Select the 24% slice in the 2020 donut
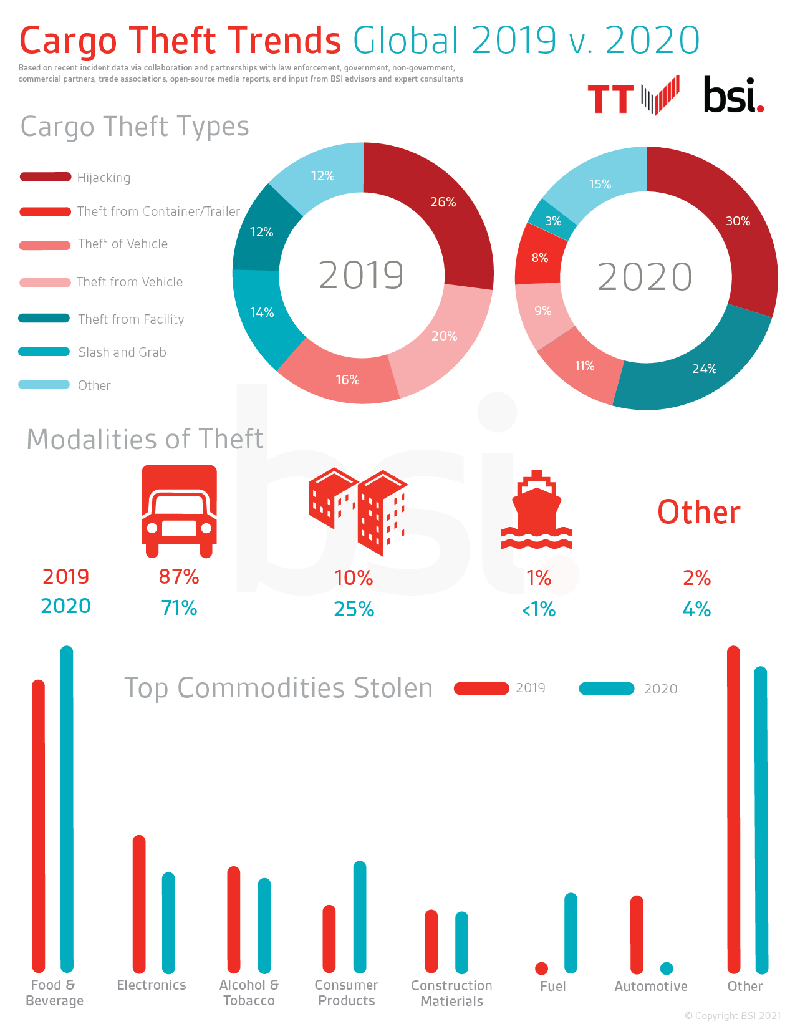pyautogui.click(x=692, y=368)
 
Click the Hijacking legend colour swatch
pyautogui.click(x=45, y=177)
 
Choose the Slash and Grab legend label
pyautogui.click(x=122, y=352)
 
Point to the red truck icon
pyautogui.click(x=180, y=511)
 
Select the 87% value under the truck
pyautogui.click(x=179, y=577)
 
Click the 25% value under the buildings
pyautogui.click(x=354, y=609)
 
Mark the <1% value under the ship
pyautogui.click(x=538, y=609)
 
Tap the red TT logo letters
pyautogui.click(x=610, y=100)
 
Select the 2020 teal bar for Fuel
pyautogui.click(x=571, y=933)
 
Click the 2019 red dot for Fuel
pyautogui.click(x=541, y=968)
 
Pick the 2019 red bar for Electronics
pyautogui.click(x=139, y=904)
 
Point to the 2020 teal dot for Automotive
pyautogui.click(x=667, y=968)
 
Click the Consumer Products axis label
pyautogui.click(x=346, y=993)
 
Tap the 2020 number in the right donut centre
pyautogui.click(x=645, y=278)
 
